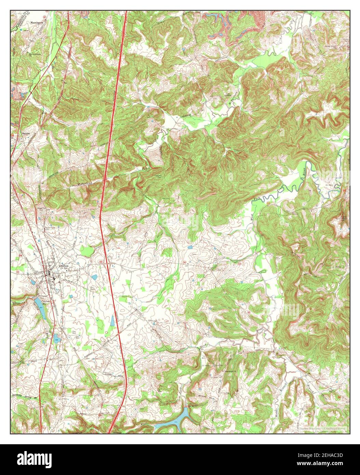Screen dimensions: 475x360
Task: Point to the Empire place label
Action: click(26, 133)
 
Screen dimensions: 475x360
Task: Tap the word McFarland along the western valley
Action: click(86, 184)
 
